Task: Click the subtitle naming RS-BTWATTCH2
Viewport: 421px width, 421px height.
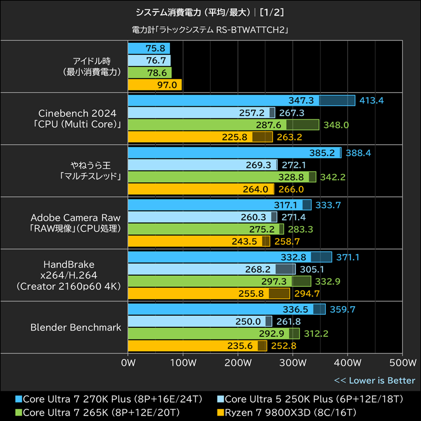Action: tap(210, 30)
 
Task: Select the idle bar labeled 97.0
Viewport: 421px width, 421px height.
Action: tap(155, 85)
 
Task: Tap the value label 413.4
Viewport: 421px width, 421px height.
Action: tap(372, 101)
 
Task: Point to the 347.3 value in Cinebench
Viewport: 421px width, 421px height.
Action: tap(302, 101)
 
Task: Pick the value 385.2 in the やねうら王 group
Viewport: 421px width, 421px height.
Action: tap(323, 153)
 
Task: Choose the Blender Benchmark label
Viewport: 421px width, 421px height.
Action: tap(76, 327)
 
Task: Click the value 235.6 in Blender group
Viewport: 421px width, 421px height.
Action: tap(240, 346)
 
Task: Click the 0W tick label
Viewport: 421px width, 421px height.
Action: tap(128, 363)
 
